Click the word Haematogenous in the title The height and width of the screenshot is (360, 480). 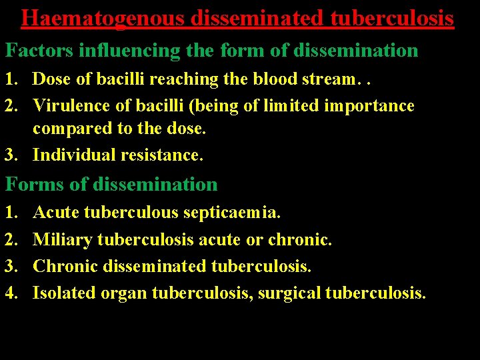[103, 18]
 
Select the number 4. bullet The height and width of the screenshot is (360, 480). [11, 293]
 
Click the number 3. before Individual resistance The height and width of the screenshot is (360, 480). [11, 155]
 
